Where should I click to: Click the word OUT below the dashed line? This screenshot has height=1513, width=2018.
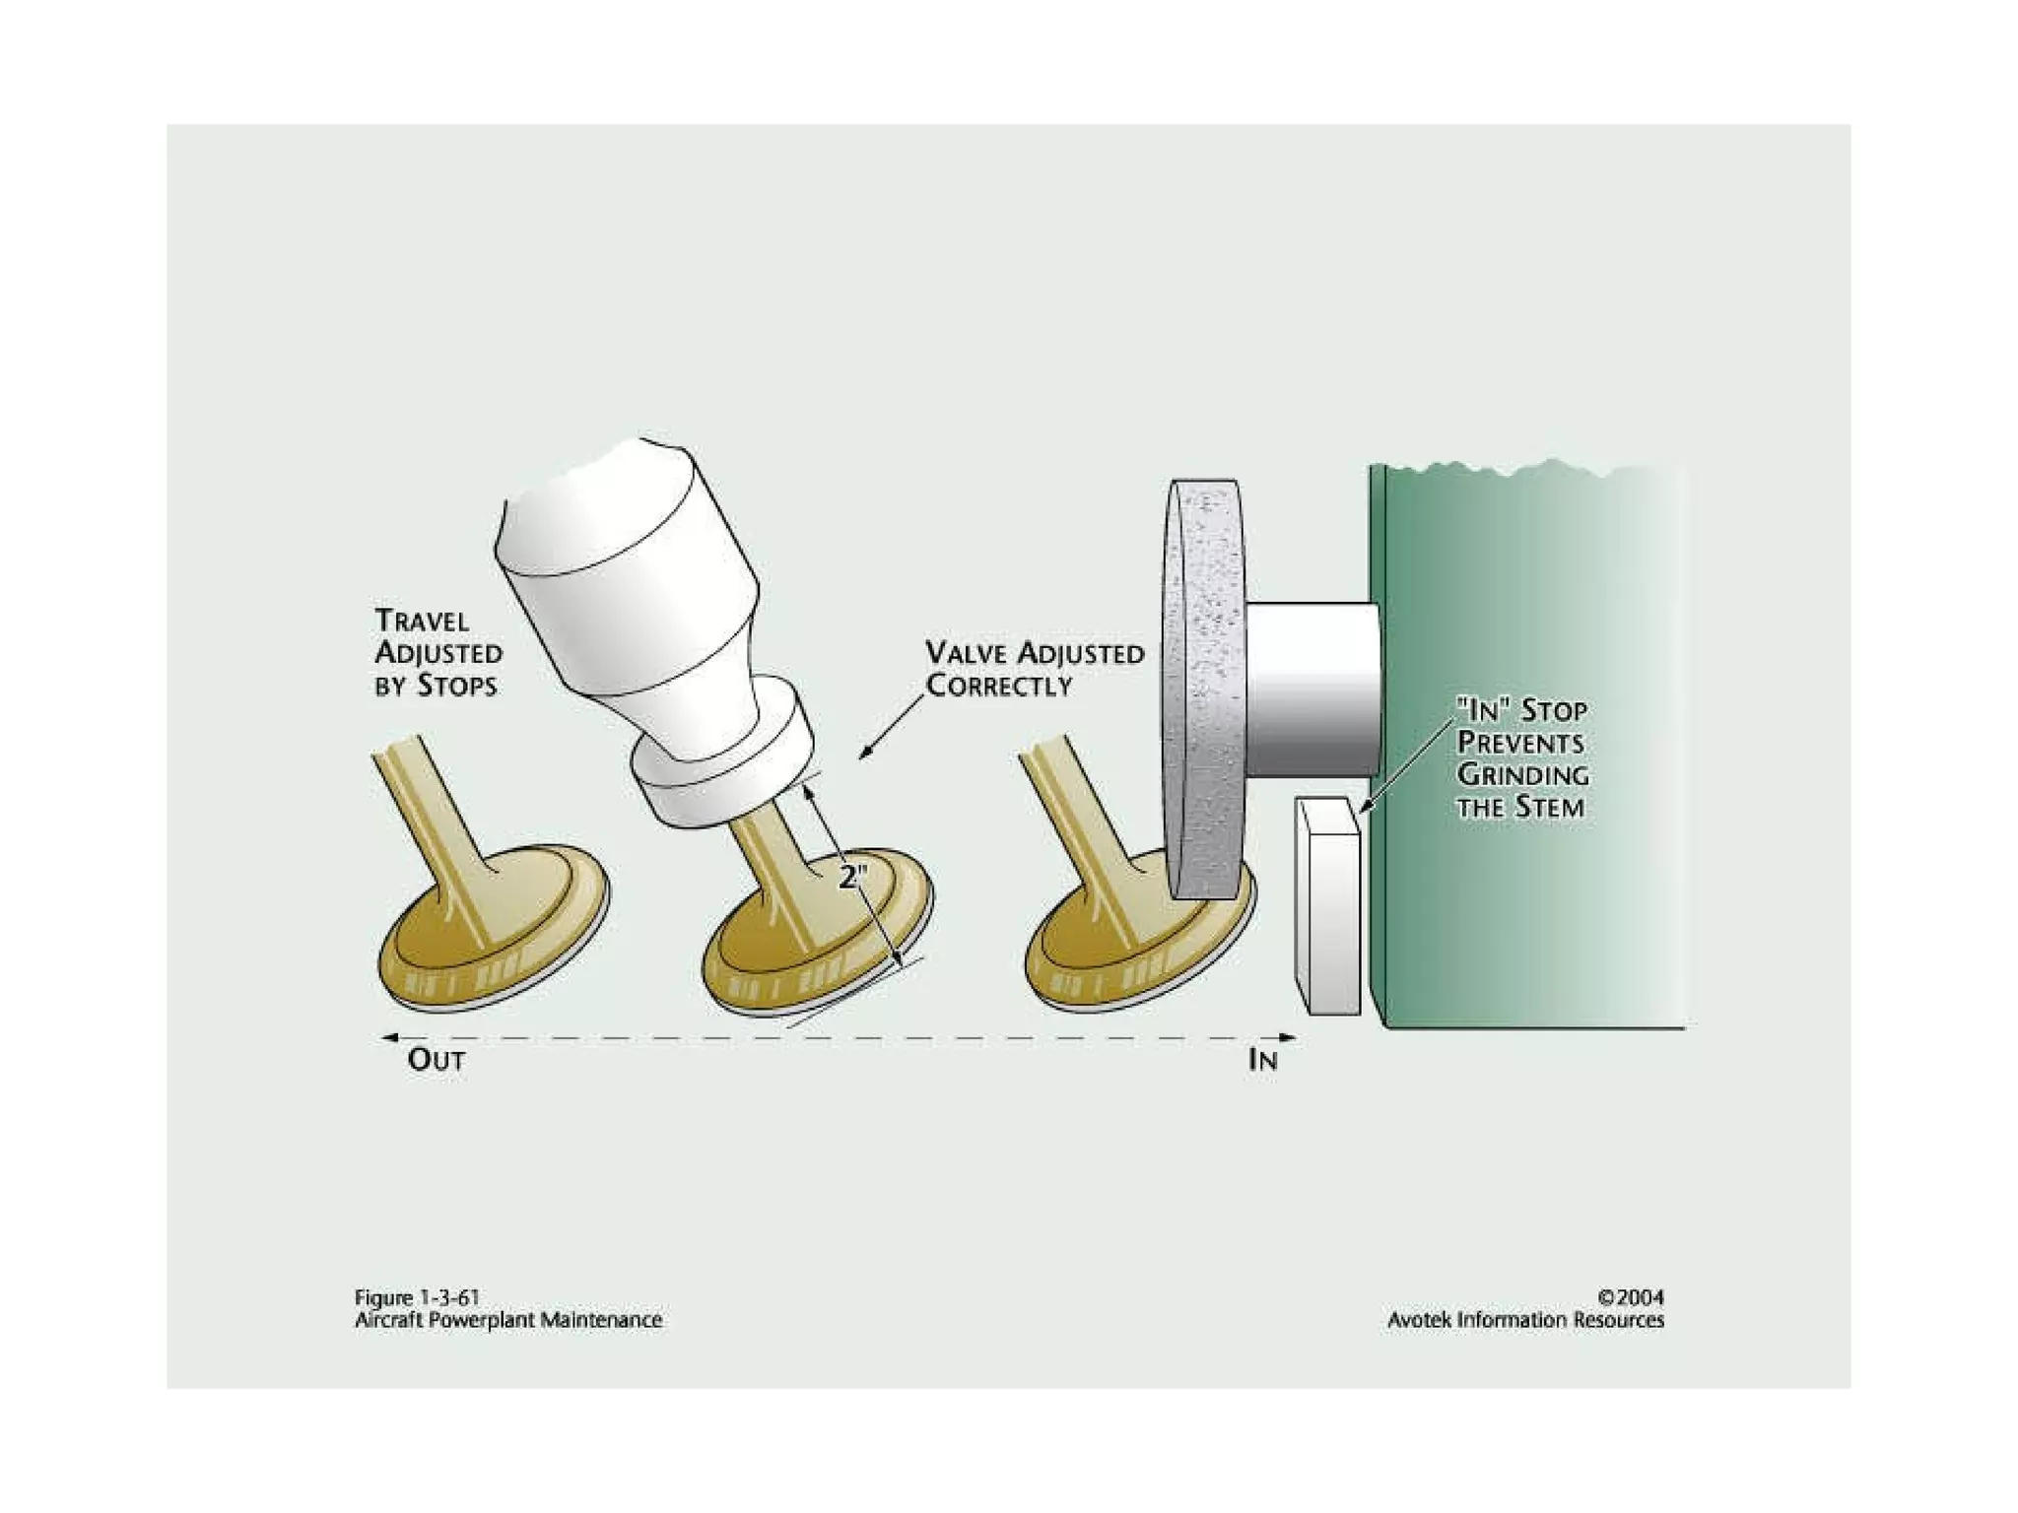tap(436, 1060)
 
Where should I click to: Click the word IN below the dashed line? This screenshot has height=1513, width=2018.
tap(1262, 1060)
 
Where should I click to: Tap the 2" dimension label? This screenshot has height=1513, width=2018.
tap(851, 877)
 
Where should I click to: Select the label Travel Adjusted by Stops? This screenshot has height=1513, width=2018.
tap(437, 653)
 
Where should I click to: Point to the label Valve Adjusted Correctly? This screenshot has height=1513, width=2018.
tap(1034, 669)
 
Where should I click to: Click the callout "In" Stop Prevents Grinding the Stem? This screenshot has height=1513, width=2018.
tap(1521, 758)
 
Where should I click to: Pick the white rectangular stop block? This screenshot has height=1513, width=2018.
tap(1328, 906)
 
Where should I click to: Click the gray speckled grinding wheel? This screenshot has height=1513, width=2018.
tap(1204, 690)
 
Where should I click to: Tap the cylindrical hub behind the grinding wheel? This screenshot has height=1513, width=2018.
tap(1311, 690)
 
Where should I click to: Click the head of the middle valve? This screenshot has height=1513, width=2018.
tap(818, 946)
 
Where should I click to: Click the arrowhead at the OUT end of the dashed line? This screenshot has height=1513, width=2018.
tap(389, 1037)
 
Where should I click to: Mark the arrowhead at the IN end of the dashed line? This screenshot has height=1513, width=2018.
tap(1288, 1037)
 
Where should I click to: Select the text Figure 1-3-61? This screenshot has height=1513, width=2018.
tap(417, 1297)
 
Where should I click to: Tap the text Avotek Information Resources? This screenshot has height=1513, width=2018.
tap(1525, 1320)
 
